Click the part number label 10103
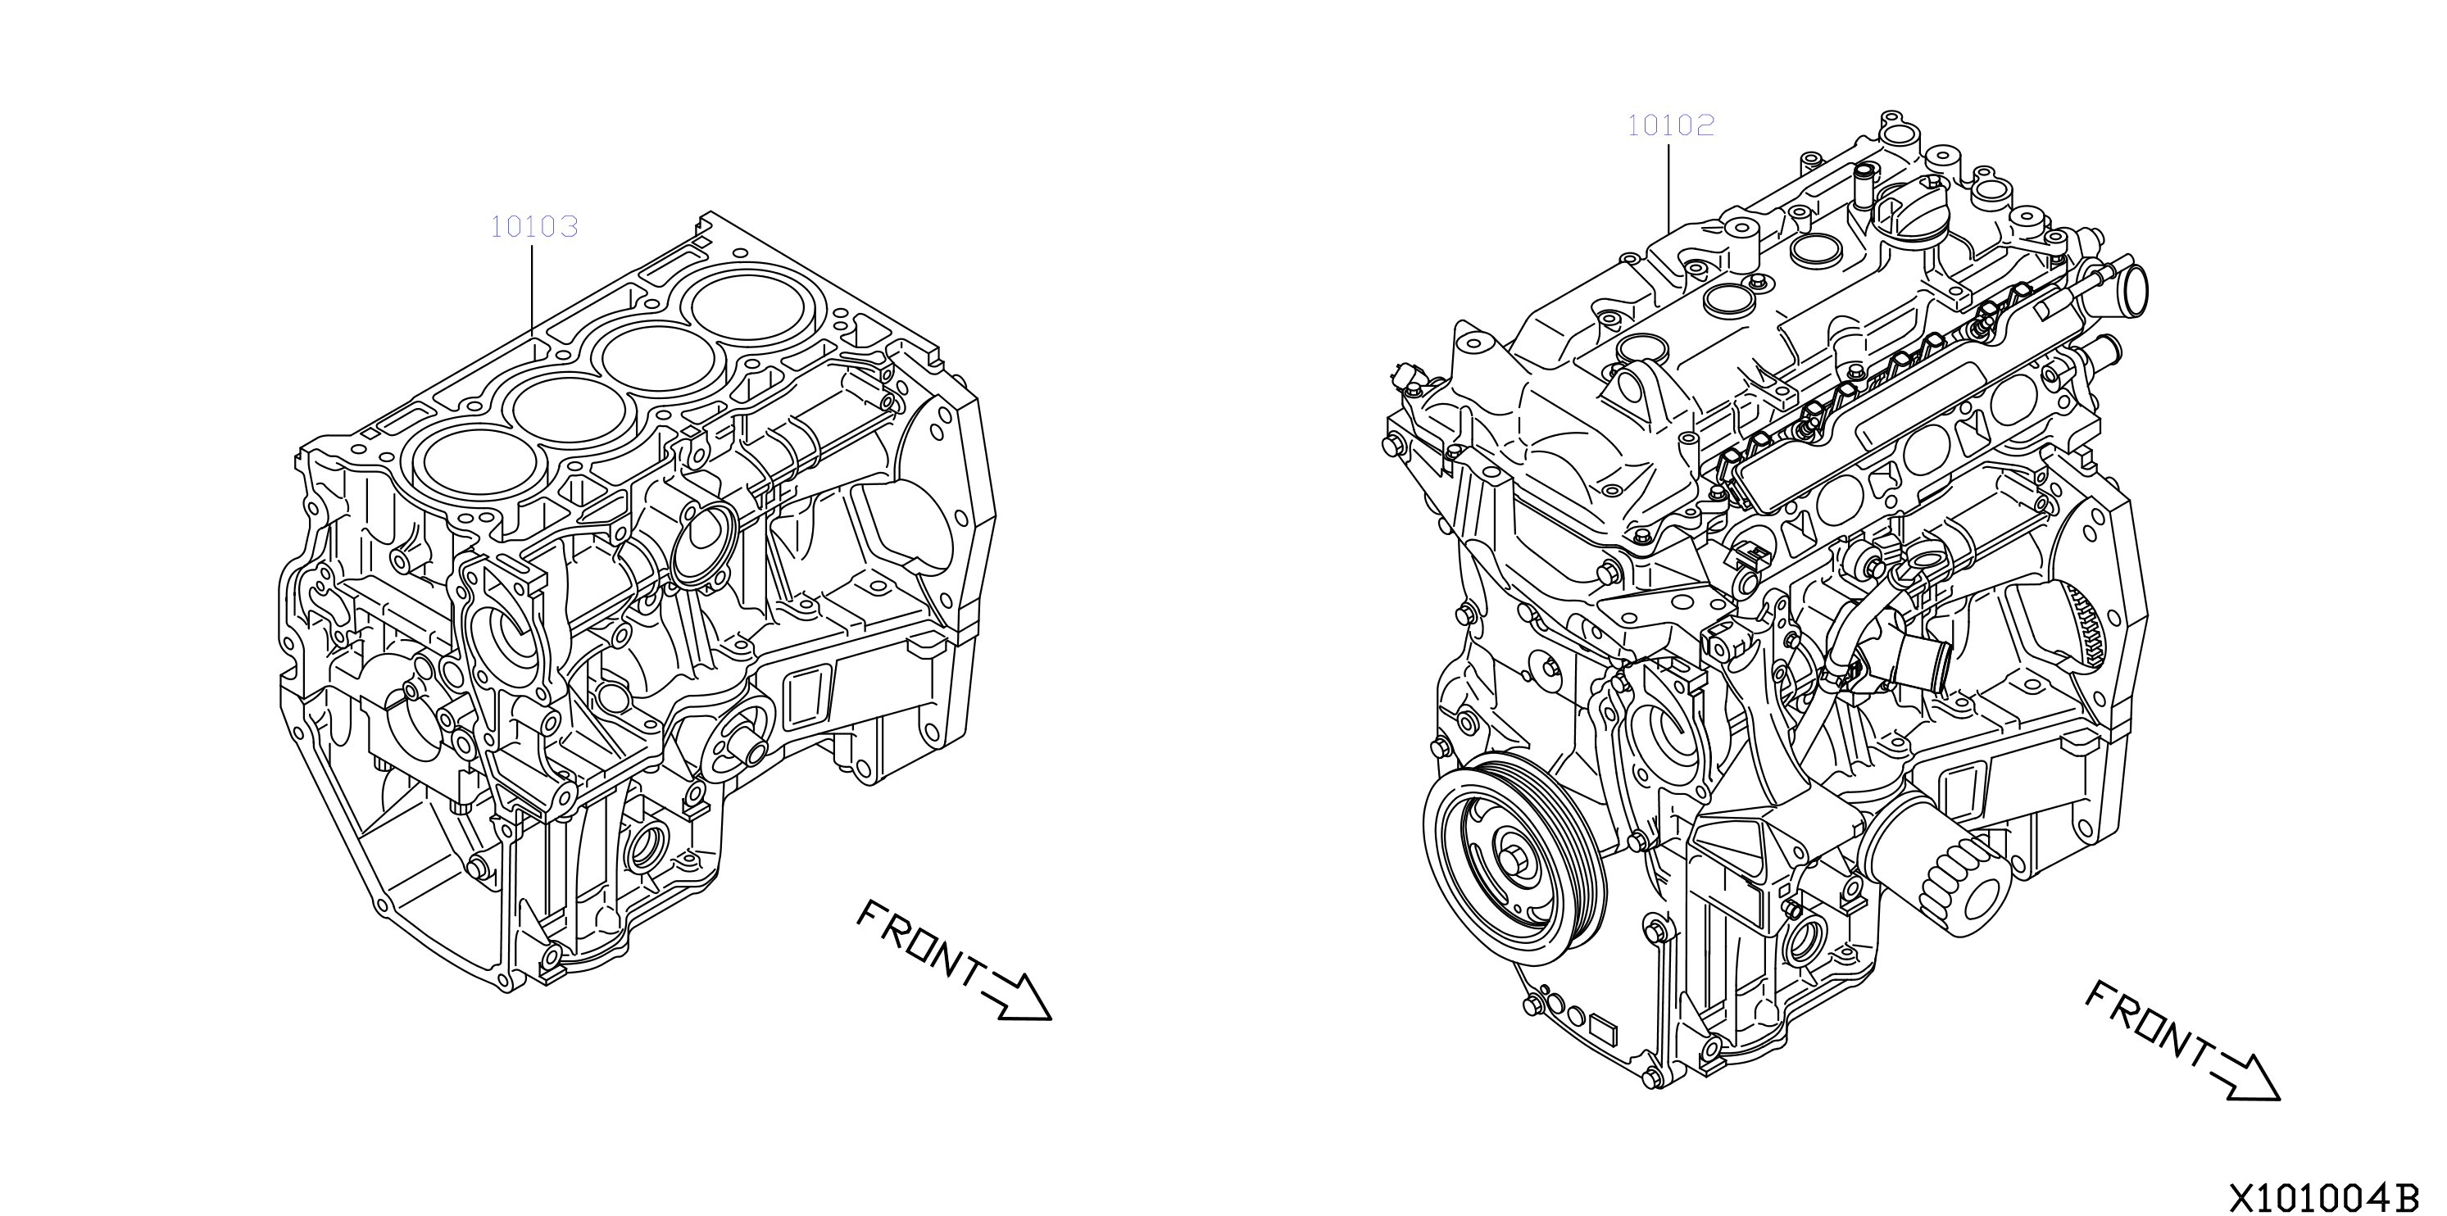coord(533,226)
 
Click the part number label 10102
coord(1671,125)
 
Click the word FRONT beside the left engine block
coord(919,943)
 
